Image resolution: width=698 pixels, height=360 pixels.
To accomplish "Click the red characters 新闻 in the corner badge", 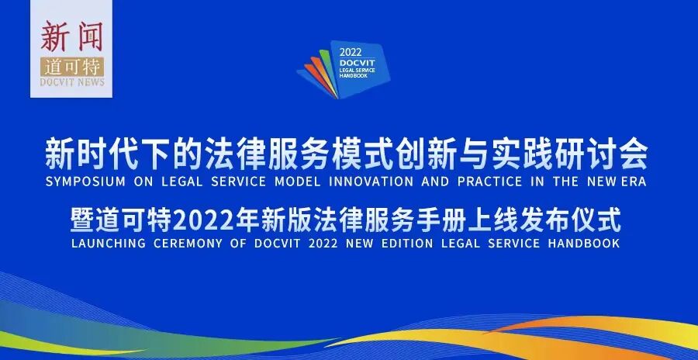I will (x=71, y=36).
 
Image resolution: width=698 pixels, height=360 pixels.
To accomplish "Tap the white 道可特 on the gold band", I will (x=71, y=67).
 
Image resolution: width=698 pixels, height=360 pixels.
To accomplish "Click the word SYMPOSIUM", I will (x=81, y=182).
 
